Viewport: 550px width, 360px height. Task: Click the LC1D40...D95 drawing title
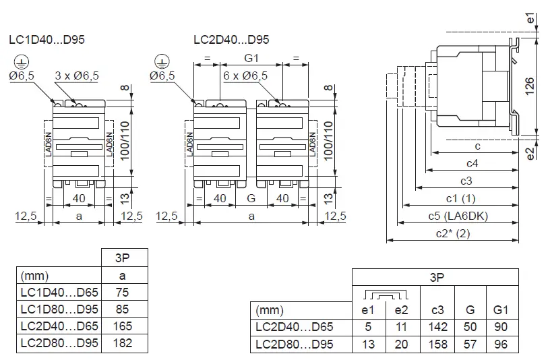[x=47, y=40]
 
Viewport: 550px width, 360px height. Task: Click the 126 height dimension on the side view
[x=530, y=84]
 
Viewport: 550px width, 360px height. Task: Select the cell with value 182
[x=122, y=342]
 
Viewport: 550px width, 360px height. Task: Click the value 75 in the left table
[x=122, y=293]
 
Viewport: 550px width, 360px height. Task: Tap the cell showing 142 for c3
[x=437, y=327]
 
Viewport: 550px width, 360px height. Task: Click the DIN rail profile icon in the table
[x=386, y=295]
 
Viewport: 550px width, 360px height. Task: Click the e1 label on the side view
[x=530, y=20]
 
